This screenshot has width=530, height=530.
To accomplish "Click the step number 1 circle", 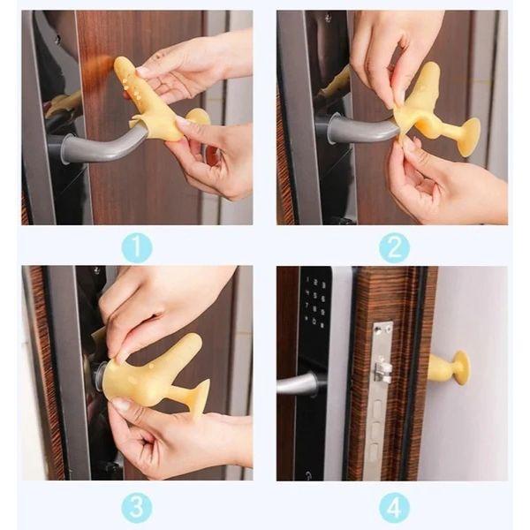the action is pos(137,247).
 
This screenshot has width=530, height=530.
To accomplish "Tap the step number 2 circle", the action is pos(394,247).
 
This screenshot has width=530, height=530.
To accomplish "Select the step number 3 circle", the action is pos(137,508).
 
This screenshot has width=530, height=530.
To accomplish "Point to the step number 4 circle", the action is pos(394,508).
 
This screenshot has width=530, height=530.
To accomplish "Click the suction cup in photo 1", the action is pos(199,116).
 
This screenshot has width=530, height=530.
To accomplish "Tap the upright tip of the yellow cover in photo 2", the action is pos(431,73).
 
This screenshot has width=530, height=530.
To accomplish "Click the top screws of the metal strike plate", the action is pos(383,328).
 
